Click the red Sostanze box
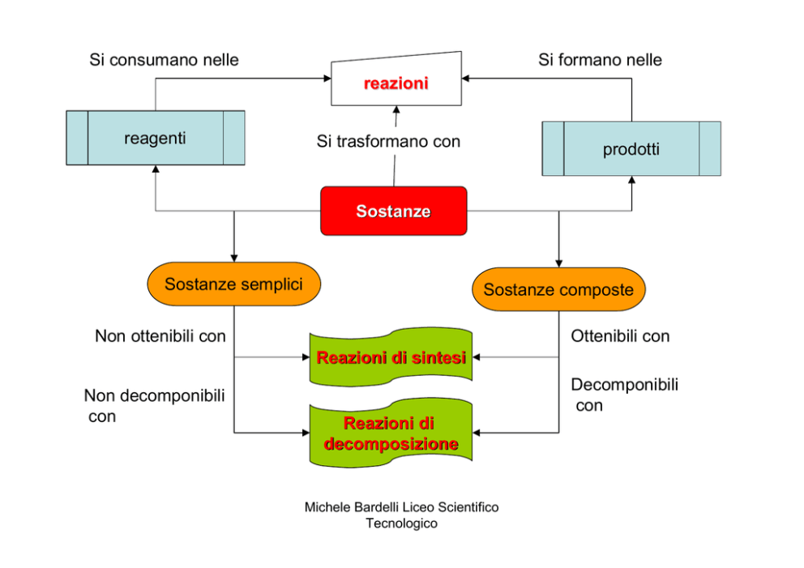[x=393, y=211]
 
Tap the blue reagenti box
[x=155, y=138]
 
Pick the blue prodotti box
[x=631, y=149]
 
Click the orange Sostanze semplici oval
[x=233, y=284]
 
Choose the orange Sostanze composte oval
[x=558, y=289]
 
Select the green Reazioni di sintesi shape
[x=391, y=357]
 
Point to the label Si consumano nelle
[x=164, y=60]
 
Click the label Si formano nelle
[x=600, y=60]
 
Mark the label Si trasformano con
[x=388, y=142]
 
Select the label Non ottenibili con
[x=160, y=335]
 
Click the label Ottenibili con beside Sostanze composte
[x=620, y=335]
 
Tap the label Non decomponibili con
[x=154, y=405]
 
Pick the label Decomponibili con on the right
[x=624, y=395]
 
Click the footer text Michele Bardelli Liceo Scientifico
[x=401, y=507]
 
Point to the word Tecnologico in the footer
[x=401, y=523]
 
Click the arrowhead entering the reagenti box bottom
[x=155, y=170]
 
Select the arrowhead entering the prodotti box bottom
[x=631, y=181]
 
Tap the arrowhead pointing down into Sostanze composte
[x=558, y=263]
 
